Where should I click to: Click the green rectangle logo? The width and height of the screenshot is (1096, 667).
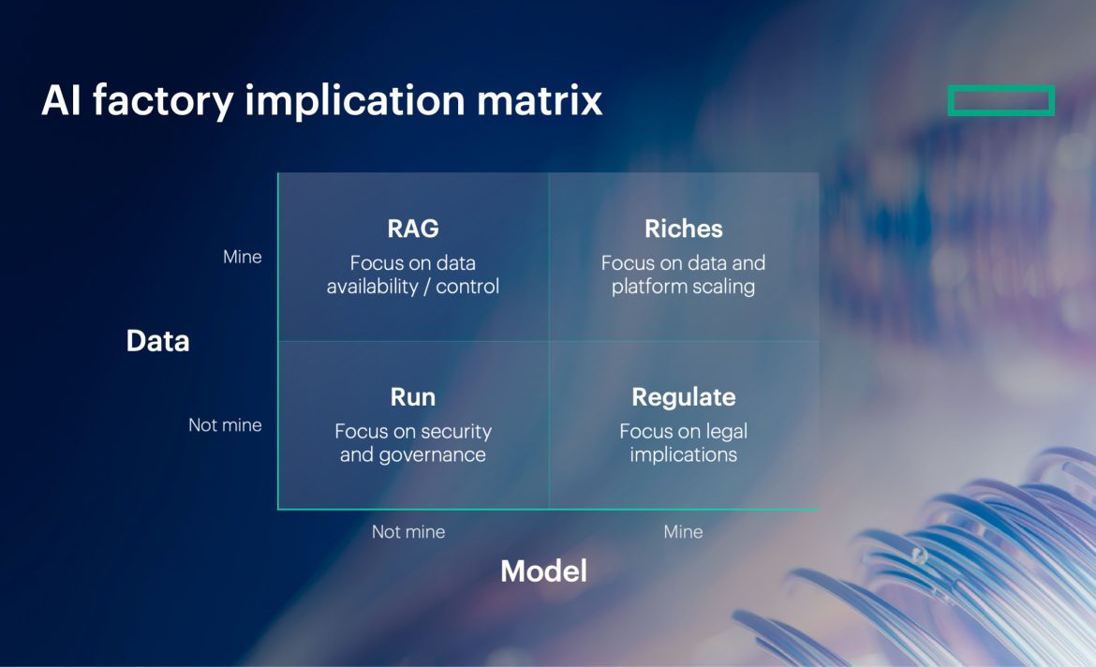pyautogui.click(x=1000, y=100)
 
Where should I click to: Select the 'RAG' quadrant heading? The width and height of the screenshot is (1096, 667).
pyautogui.click(x=412, y=229)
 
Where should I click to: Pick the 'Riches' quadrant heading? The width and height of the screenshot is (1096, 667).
pyautogui.click(x=683, y=229)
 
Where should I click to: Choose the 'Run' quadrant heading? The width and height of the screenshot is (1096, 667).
pyautogui.click(x=412, y=397)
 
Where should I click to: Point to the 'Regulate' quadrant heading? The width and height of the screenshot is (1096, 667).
pyautogui.click(x=683, y=397)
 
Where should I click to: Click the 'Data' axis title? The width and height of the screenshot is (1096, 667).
pyautogui.click(x=157, y=341)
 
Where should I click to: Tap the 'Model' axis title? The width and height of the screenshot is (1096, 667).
pyautogui.click(x=543, y=571)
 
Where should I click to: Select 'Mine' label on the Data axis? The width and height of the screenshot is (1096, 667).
pyautogui.click(x=242, y=257)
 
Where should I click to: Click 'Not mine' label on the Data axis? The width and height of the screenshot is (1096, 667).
pyautogui.click(x=225, y=425)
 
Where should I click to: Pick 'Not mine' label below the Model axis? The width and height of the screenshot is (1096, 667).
pyautogui.click(x=408, y=532)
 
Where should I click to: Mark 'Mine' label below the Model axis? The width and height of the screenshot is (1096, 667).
pyautogui.click(x=683, y=532)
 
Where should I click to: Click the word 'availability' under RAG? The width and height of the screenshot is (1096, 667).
pyautogui.click(x=371, y=287)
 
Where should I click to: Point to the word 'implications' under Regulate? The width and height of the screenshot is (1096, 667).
pyautogui.click(x=683, y=455)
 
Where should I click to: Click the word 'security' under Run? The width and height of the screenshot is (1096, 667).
pyautogui.click(x=454, y=432)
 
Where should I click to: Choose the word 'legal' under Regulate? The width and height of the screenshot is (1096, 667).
pyautogui.click(x=724, y=432)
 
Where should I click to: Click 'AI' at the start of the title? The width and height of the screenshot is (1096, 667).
pyautogui.click(x=61, y=100)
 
